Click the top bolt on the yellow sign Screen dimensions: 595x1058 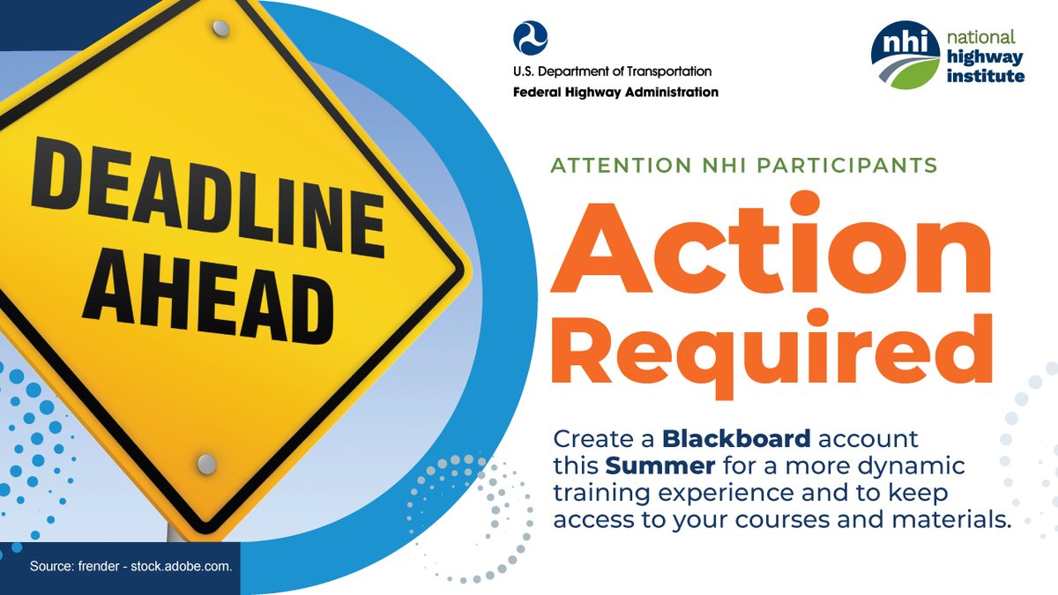click(x=222, y=30)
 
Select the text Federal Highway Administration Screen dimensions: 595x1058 click(x=615, y=92)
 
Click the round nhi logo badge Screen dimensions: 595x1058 click(x=905, y=56)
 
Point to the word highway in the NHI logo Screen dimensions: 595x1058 click(x=987, y=57)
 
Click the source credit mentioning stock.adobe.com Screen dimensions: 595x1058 click(x=130, y=566)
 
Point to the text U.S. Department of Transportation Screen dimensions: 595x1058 click(x=612, y=71)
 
